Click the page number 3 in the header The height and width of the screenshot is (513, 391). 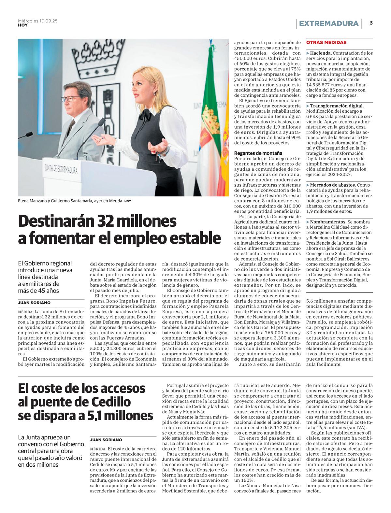tap(371, 23)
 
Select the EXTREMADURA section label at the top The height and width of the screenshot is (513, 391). tap(328, 23)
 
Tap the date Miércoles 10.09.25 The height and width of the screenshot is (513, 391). tap(38, 21)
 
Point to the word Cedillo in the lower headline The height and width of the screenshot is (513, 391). tap(110, 402)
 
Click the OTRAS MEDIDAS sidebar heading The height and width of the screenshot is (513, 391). tap(326, 43)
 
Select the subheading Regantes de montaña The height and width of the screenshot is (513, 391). tap(258, 153)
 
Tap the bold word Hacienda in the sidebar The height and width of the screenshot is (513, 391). tap(321, 53)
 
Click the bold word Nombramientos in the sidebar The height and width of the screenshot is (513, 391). tap(328, 222)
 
